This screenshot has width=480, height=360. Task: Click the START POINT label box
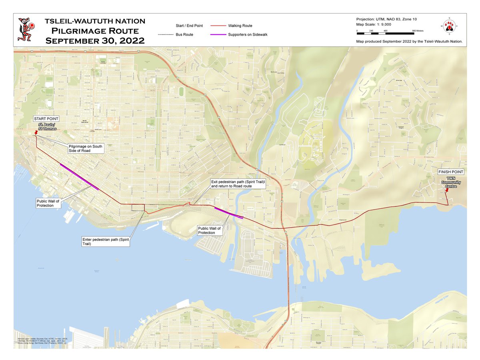pyautogui.click(x=46, y=119)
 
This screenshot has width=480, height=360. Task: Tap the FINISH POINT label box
pyautogui.click(x=450, y=172)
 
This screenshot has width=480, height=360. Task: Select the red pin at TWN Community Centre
pyautogui.click(x=446, y=190)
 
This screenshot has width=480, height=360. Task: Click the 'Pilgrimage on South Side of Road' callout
pyautogui.click(x=85, y=148)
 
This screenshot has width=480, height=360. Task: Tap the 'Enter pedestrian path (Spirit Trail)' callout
pyautogui.click(x=105, y=241)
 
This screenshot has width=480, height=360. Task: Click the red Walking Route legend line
pyautogui.click(x=218, y=26)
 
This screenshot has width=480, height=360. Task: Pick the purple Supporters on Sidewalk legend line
pyautogui.click(x=218, y=35)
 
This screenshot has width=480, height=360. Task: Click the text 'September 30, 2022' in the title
pyautogui.click(x=95, y=40)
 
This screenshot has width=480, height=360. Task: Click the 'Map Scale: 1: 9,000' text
pyautogui.click(x=373, y=25)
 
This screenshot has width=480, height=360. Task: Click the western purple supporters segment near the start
pyautogui.click(x=79, y=176)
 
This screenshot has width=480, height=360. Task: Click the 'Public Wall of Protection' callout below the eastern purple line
pyautogui.click(x=209, y=230)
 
